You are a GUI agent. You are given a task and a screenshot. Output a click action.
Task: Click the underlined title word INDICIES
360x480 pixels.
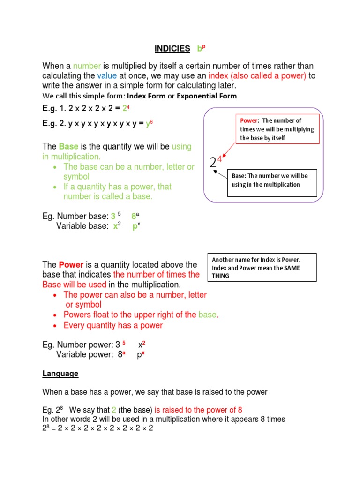click(172, 48)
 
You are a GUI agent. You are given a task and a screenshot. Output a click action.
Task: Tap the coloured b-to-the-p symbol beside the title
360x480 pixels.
click(202, 48)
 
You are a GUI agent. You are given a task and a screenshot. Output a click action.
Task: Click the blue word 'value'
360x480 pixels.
click(106, 76)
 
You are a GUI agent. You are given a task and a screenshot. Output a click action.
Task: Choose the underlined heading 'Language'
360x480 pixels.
click(60, 374)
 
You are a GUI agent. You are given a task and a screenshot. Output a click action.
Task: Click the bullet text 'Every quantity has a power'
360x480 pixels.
click(113, 325)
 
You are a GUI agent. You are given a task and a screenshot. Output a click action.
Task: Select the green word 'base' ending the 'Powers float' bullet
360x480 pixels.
click(208, 315)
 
